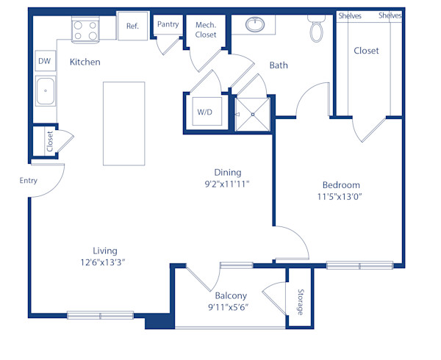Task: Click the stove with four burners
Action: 85,30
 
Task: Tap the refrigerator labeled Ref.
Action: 132,26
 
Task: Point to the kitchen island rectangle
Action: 123,123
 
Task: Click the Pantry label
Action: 168,24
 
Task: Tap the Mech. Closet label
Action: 205,29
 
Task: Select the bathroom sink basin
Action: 255,24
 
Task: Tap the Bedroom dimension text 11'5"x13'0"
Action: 341,197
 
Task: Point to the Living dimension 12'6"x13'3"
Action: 99,262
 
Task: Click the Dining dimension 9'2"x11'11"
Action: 228,184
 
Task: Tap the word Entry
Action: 29,179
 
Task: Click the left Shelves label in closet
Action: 349,15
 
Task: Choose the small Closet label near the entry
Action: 50,141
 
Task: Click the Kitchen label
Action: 85,62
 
